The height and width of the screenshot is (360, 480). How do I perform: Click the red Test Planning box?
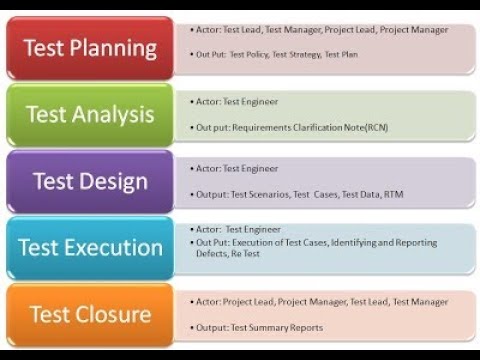click(90, 48)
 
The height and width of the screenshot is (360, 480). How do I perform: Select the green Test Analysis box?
click(90, 114)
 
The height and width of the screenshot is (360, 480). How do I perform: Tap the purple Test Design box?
click(90, 181)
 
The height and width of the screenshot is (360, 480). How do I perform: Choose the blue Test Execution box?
click(90, 248)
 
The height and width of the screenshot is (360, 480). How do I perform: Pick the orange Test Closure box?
click(90, 314)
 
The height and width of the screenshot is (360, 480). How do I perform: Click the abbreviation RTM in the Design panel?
click(394, 194)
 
